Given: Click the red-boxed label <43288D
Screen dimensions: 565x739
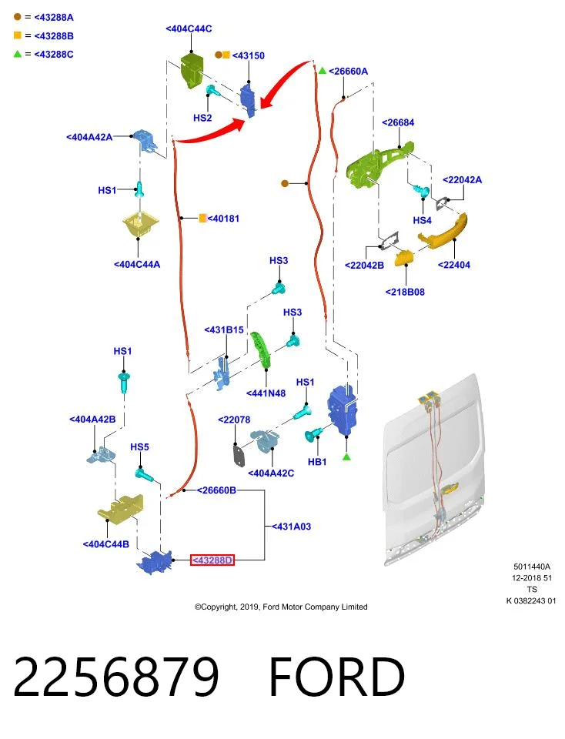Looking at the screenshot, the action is [x=212, y=560].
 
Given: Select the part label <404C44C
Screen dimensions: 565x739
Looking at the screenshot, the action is [x=189, y=28].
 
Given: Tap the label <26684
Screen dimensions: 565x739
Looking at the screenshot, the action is [x=398, y=122].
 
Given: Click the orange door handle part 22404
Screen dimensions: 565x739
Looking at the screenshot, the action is [x=443, y=231].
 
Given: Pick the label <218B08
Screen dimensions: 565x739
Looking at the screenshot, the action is [x=405, y=292].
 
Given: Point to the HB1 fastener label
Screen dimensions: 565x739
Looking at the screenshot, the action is [x=317, y=462].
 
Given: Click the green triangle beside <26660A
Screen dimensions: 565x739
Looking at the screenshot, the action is [x=323, y=71].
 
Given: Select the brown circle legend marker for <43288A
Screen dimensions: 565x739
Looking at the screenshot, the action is [x=18, y=17].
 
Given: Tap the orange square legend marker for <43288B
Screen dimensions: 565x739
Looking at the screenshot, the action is [x=18, y=35].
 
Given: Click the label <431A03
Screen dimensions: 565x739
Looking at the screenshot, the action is [x=291, y=527].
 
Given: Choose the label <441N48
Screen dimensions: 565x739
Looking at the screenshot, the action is [x=266, y=393].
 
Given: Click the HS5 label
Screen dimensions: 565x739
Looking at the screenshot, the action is [x=139, y=446].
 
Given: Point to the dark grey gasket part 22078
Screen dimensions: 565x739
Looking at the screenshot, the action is [x=239, y=455].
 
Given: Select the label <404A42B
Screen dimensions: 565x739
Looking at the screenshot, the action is [x=92, y=419].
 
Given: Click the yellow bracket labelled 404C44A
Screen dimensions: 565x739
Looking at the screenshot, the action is [x=140, y=226].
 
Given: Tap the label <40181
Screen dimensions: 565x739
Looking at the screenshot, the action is [x=223, y=218].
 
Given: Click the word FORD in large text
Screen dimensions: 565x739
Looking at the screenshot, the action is [x=336, y=677].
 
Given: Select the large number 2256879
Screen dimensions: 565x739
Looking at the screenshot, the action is [x=116, y=677].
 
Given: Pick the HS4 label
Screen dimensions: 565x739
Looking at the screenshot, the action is [x=423, y=220].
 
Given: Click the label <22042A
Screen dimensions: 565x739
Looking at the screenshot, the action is [x=462, y=179].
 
